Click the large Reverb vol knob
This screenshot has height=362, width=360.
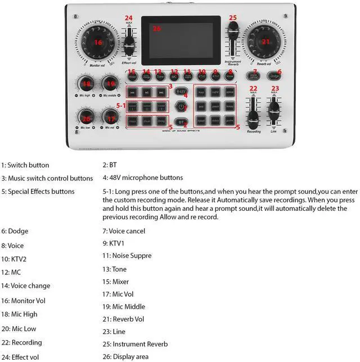pos(264,42)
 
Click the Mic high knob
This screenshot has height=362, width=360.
pos(86,84)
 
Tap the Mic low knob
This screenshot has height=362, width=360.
pos(86,119)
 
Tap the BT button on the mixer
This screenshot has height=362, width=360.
pos(181,121)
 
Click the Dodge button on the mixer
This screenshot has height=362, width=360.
pos(274,76)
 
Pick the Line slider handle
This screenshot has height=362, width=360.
pos(274,108)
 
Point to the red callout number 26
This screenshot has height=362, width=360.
pos(157,28)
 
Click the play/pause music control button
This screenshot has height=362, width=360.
pos(146,92)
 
